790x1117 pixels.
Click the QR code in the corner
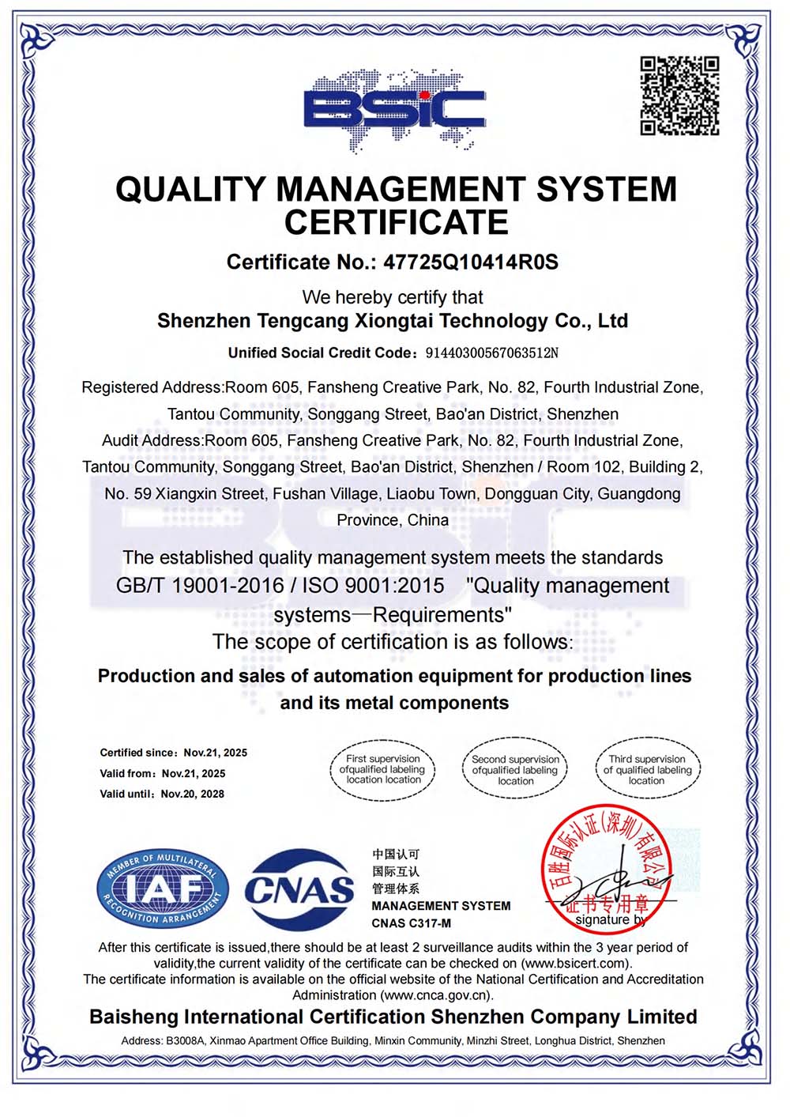pos(679,96)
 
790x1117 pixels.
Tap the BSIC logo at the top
pos(394,110)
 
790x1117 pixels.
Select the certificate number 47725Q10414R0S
pos(471,262)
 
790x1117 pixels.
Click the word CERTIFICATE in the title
pos(396,223)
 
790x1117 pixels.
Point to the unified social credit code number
pos(491,353)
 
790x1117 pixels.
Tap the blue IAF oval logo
pos(162,889)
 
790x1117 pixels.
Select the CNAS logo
pos(299,889)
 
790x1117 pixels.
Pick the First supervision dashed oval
pos(382,769)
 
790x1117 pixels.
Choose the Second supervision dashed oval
pos(515,769)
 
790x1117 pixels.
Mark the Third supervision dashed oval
pos(647,769)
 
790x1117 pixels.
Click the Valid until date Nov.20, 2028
pos(192,794)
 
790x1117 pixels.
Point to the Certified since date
pos(215,753)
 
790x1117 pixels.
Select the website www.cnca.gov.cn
pos(435,995)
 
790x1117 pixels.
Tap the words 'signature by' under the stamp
pos(610,920)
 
